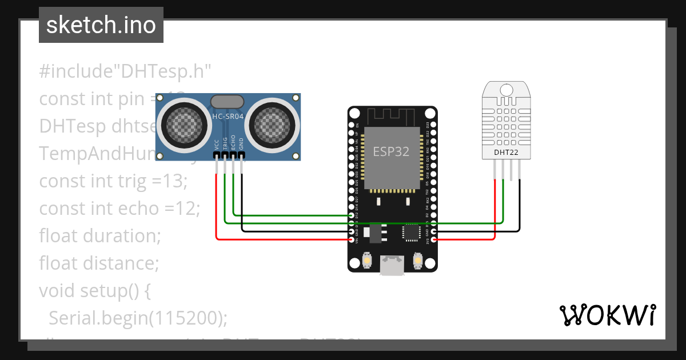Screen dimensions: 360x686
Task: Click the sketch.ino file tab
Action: pyautogui.click(x=101, y=25)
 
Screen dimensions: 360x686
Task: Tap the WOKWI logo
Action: pyautogui.click(x=607, y=315)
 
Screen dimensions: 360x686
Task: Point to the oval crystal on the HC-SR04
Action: pyautogui.click(x=229, y=102)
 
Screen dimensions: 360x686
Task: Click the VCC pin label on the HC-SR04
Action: pyautogui.click(x=217, y=144)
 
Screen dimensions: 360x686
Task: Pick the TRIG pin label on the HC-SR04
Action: pyautogui.click(x=225, y=143)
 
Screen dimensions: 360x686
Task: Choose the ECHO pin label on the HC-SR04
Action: pyautogui.click(x=233, y=143)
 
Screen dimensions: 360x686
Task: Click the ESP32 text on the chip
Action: pyautogui.click(x=391, y=151)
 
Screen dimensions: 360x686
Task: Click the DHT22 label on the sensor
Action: pyautogui.click(x=506, y=153)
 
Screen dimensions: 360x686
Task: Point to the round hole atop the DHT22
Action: pyautogui.click(x=506, y=90)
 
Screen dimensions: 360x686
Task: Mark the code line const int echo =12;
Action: pyautogui.click(x=119, y=209)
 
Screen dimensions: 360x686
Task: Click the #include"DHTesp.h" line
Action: pyautogui.click(x=125, y=71)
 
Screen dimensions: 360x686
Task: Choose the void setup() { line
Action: pyautogui.click(x=95, y=290)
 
